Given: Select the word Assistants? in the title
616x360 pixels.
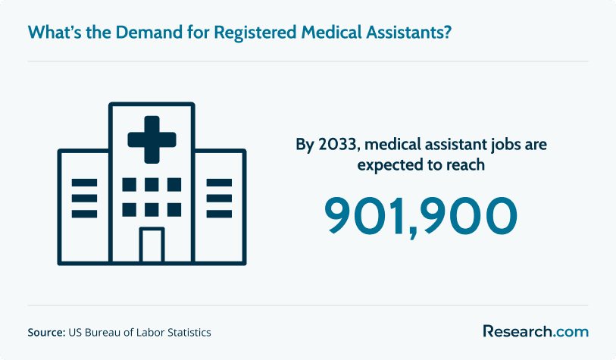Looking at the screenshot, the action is (x=408, y=33).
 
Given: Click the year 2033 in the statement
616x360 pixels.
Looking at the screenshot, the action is (x=339, y=145).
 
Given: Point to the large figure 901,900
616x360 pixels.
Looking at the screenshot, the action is (x=421, y=217).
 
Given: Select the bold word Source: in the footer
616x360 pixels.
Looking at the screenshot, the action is (x=46, y=333).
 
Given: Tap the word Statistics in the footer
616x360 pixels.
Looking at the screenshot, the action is (x=189, y=333).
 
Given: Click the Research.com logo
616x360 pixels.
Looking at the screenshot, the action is (x=536, y=331).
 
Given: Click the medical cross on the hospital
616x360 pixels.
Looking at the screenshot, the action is (x=152, y=139).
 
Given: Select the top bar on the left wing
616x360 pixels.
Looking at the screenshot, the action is (x=84, y=183).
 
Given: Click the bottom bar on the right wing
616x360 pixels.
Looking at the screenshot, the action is (x=219, y=214).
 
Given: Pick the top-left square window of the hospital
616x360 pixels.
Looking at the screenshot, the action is (x=130, y=185).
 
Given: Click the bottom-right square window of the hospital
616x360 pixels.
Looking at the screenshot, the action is (x=174, y=210).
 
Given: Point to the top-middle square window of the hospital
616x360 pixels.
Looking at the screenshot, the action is (x=152, y=185).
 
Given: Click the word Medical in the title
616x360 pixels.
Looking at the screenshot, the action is (x=331, y=33).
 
